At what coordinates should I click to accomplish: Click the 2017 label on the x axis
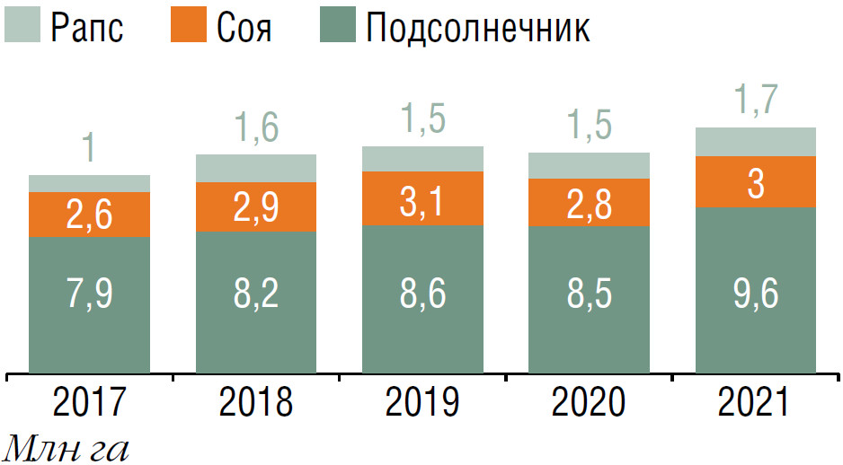click(89, 404)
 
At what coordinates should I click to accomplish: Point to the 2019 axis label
click(422, 404)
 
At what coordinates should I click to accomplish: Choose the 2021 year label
click(755, 404)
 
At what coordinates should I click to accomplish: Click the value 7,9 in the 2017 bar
click(89, 294)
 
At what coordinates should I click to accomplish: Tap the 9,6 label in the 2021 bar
click(755, 294)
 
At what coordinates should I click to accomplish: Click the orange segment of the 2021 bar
click(755, 182)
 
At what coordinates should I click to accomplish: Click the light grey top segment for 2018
click(255, 168)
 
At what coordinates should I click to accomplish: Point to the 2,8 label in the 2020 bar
click(589, 205)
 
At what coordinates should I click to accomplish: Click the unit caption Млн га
click(67, 447)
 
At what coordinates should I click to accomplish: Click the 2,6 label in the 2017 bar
click(89, 215)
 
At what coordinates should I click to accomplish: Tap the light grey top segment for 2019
click(422, 159)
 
